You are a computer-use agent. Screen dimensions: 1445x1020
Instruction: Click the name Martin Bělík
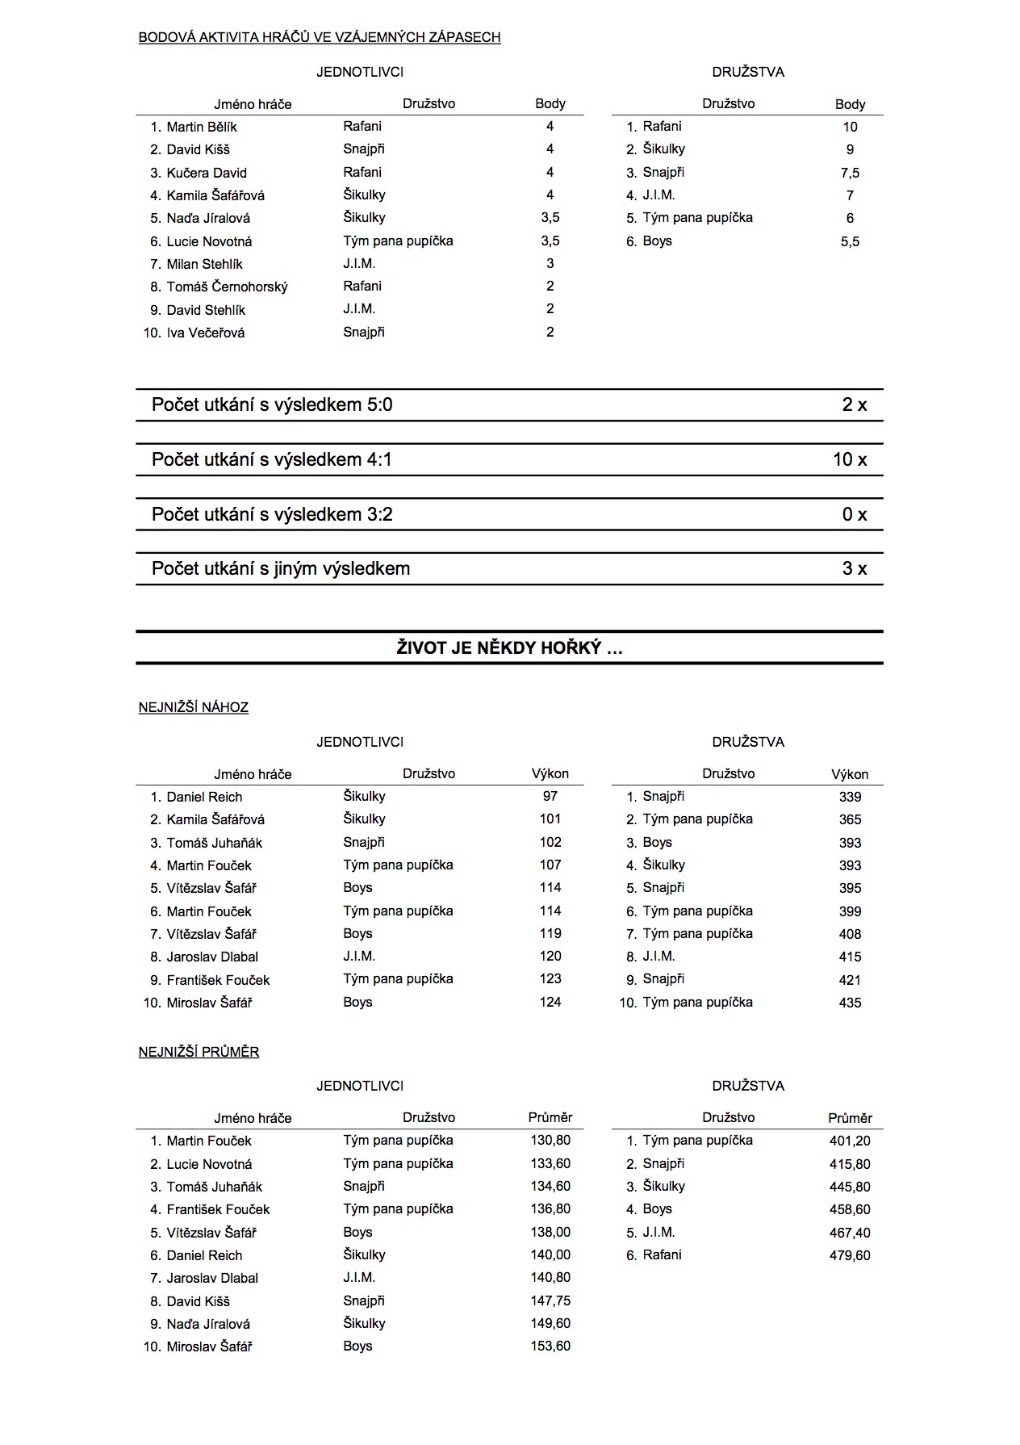pyautogui.click(x=202, y=127)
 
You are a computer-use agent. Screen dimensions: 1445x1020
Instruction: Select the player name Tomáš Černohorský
pyautogui.click(x=227, y=287)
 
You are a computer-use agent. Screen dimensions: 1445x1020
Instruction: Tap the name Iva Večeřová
pyautogui.click(x=206, y=333)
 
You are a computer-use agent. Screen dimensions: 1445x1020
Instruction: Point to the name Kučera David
pyautogui.click(x=207, y=173)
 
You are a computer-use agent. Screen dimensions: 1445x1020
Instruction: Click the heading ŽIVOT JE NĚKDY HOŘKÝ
pyautogui.click(x=509, y=647)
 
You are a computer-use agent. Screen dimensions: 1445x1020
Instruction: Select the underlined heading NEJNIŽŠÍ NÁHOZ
pyautogui.click(x=194, y=707)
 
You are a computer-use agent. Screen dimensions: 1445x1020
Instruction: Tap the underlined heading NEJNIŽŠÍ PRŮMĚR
pyautogui.click(x=199, y=1052)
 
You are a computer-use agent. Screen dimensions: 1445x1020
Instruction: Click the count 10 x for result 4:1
pyautogui.click(x=850, y=459)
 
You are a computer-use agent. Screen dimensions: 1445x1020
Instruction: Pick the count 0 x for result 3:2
pyautogui.click(x=854, y=514)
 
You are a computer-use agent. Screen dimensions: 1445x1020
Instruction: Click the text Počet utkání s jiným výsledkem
pyautogui.click(x=281, y=568)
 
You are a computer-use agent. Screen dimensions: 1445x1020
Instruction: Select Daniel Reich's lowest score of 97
pyautogui.click(x=550, y=796)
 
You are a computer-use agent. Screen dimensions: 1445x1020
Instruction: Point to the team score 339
pyautogui.click(x=850, y=797)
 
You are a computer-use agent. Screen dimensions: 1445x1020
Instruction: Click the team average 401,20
pyautogui.click(x=850, y=1141)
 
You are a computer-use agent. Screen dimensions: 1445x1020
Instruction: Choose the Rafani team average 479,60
pyautogui.click(x=850, y=1255)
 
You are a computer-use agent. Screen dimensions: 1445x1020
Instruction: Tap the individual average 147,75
pyautogui.click(x=550, y=1300)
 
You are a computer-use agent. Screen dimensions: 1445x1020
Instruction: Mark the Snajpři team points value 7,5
pyautogui.click(x=850, y=173)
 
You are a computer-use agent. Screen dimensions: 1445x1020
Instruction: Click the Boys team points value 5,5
pyautogui.click(x=850, y=241)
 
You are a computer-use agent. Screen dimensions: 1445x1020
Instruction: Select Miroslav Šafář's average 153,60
pyautogui.click(x=550, y=1346)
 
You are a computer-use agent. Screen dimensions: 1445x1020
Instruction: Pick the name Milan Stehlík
pyautogui.click(x=204, y=264)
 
